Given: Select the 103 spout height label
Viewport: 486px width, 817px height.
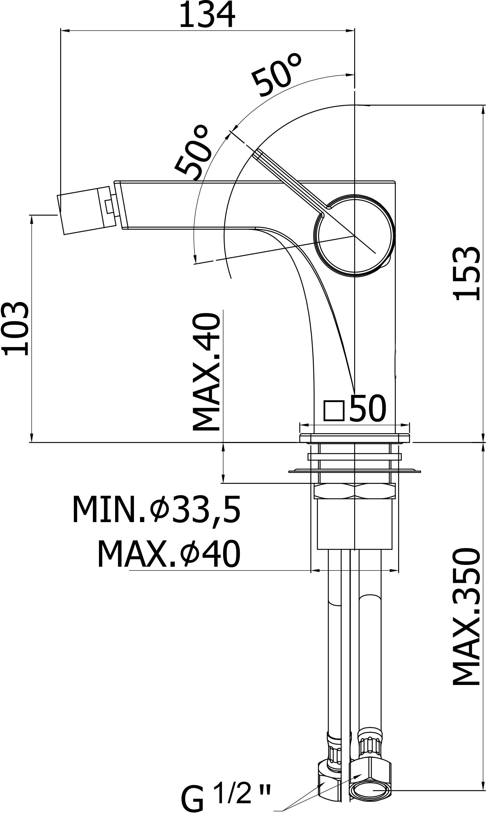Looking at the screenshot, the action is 15,329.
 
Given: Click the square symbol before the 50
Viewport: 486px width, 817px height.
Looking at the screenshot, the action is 334,411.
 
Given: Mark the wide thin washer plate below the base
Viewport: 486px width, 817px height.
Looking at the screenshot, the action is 355,471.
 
